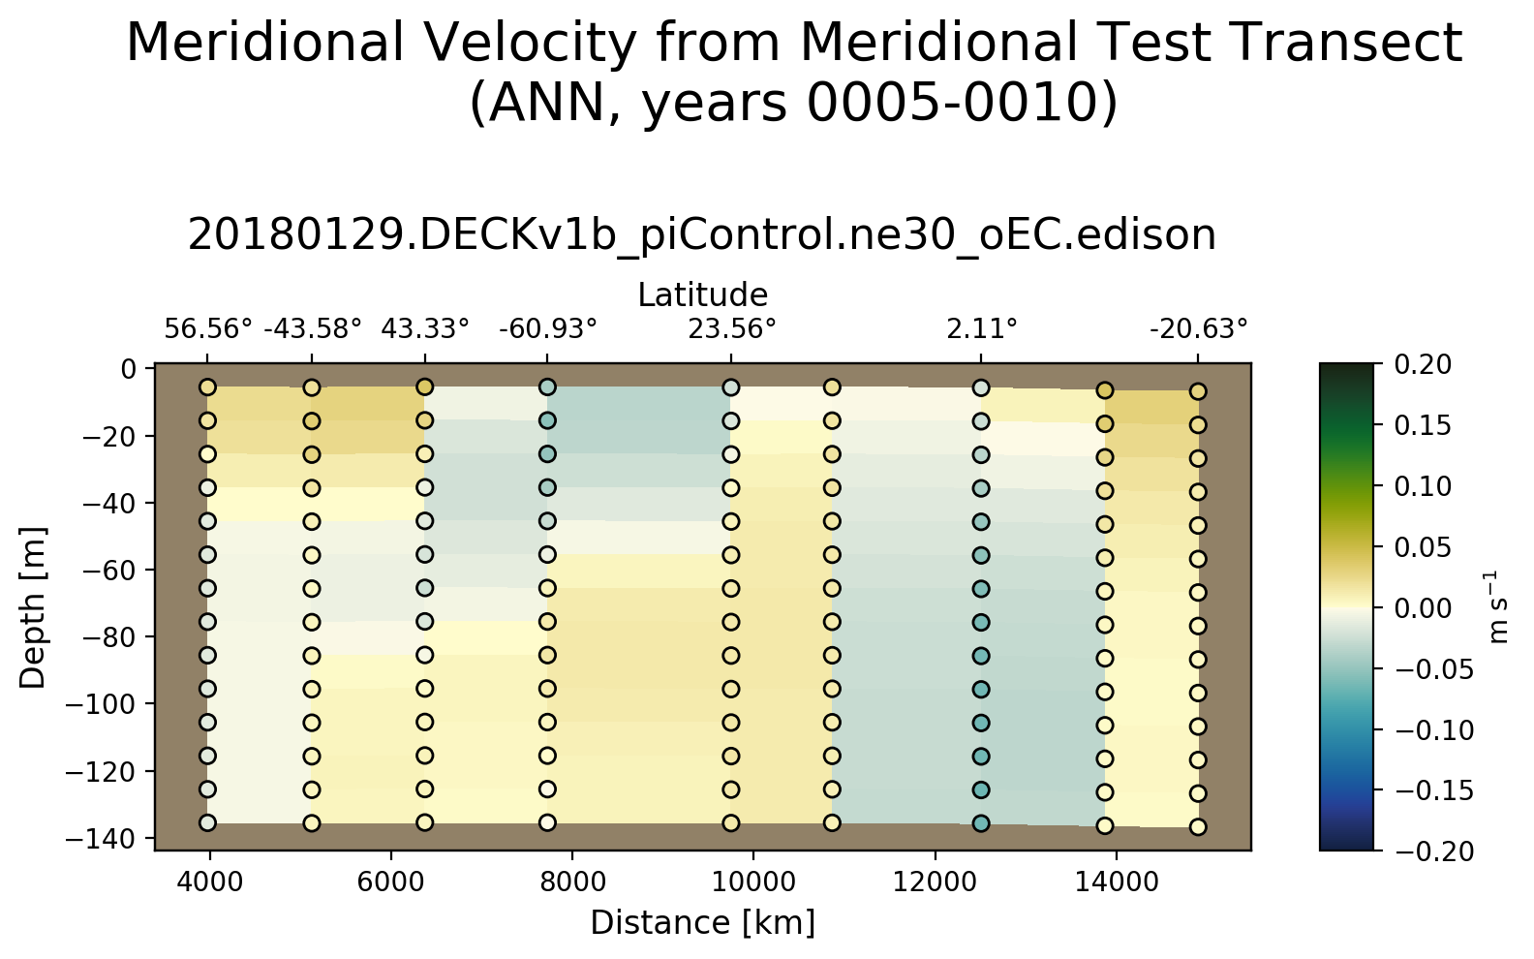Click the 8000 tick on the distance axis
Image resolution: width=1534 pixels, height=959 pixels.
click(571, 882)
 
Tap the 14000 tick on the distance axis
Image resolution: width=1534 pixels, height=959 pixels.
click(1117, 882)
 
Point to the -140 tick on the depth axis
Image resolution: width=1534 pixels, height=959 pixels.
click(107, 838)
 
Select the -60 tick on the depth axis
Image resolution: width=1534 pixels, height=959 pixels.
click(112, 570)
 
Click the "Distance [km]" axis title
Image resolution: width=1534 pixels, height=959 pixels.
click(702, 923)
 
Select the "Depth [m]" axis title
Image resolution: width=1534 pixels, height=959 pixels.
click(33, 607)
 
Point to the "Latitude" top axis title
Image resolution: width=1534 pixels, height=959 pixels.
click(702, 294)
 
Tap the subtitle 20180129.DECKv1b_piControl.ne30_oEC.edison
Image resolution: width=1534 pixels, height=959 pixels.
click(701, 235)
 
